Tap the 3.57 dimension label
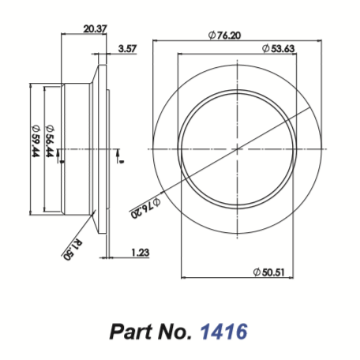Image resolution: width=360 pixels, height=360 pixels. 126,48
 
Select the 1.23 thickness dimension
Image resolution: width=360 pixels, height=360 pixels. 140,254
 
